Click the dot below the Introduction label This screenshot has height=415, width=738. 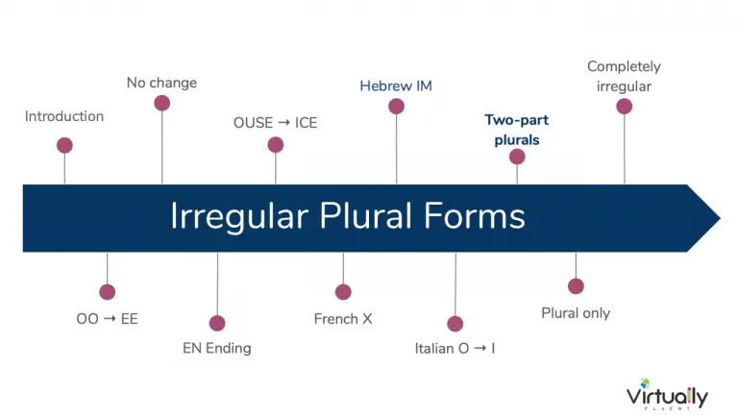click(x=64, y=145)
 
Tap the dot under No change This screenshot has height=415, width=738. click(x=161, y=103)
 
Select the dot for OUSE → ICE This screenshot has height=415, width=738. click(x=276, y=145)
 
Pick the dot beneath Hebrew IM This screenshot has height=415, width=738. click(x=396, y=107)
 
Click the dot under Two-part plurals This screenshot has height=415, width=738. click(x=517, y=157)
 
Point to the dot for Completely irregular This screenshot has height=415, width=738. click(x=624, y=107)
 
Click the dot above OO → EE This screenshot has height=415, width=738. click(x=108, y=292)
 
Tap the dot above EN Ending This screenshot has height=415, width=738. click(x=217, y=323)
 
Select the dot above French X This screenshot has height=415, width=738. click(x=343, y=292)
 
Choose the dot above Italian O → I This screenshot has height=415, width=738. click(x=455, y=324)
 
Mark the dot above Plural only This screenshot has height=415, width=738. click(x=576, y=286)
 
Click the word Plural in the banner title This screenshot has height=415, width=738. click(x=366, y=216)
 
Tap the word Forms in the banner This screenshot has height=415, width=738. click(x=474, y=216)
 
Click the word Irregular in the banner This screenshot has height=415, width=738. click(x=239, y=217)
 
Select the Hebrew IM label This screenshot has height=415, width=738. click(x=396, y=86)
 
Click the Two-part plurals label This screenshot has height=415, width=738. click(x=517, y=130)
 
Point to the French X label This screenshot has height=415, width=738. click(x=343, y=319)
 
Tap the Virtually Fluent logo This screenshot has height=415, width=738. click(x=667, y=394)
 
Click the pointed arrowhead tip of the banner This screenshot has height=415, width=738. click(x=720, y=218)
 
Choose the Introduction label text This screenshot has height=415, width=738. click(x=64, y=116)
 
